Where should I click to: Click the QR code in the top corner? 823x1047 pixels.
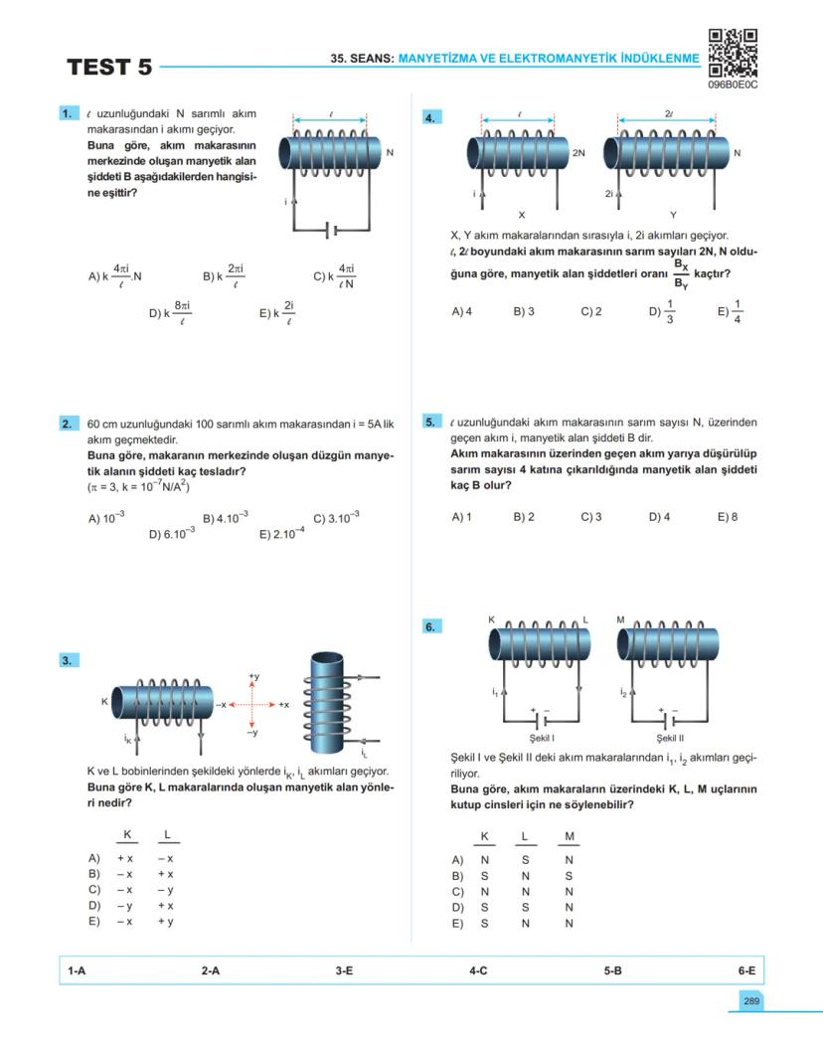click(734, 53)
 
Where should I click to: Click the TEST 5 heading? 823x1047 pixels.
click(109, 68)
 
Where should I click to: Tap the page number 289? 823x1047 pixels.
click(750, 1000)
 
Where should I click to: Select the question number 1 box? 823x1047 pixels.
click(69, 114)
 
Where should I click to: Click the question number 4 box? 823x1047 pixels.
click(431, 117)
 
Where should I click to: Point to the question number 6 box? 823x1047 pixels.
click(431, 626)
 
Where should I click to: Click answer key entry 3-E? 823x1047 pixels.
click(344, 969)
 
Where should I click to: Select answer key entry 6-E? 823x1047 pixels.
click(746, 969)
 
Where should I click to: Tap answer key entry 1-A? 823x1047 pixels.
click(77, 969)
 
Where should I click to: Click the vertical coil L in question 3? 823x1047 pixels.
click(329, 701)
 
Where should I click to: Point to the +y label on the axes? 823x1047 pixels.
click(253, 676)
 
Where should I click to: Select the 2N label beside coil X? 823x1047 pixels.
click(579, 153)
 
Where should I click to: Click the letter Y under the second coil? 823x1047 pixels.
click(673, 215)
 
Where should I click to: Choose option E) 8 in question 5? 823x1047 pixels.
click(728, 517)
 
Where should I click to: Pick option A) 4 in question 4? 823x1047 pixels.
click(461, 311)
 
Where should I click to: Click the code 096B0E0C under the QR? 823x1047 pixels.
click(734, 86)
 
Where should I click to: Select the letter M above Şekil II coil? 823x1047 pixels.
click(620, 619)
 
